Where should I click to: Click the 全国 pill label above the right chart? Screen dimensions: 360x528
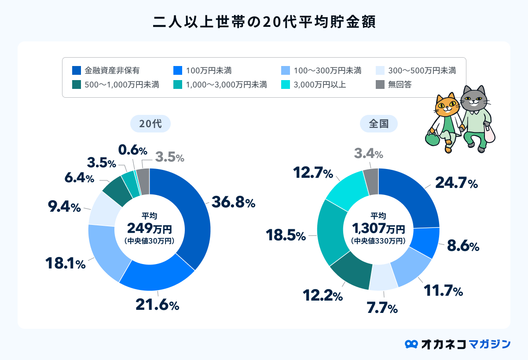pos(378,124)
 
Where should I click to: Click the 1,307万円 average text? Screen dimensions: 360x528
pos(378,228)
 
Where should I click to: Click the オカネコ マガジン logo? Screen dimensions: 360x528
pos(458,343)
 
